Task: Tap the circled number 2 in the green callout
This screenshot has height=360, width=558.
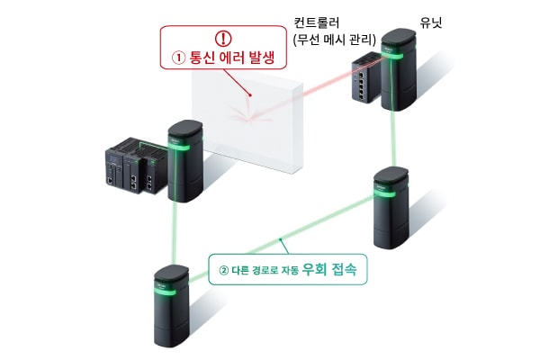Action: coord(224,269)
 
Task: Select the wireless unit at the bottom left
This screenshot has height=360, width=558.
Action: coord(168,306)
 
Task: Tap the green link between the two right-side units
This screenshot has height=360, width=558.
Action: coord(391,139)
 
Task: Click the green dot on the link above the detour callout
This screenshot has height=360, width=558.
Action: coord(283,238)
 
